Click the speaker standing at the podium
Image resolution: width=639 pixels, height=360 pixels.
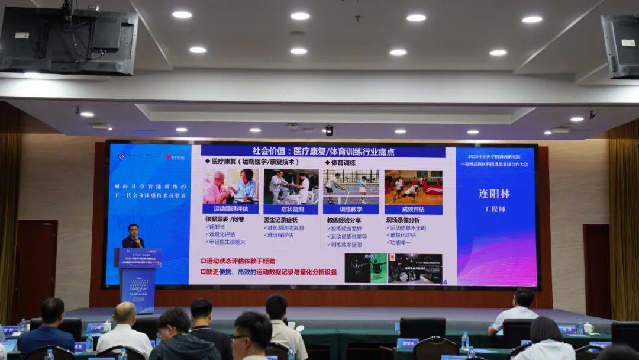[x=133, y=236]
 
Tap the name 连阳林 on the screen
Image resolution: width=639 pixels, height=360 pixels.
[x=493, y=194]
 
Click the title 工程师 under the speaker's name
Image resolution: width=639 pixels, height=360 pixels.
[x=493, y=209]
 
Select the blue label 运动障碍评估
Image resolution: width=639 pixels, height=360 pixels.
[x=230, y=209]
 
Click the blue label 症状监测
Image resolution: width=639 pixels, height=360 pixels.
[x=291, y=209]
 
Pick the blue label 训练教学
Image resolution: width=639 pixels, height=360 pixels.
[x=351, y=209]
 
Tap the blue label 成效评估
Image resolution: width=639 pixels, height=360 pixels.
[x=413, y=209]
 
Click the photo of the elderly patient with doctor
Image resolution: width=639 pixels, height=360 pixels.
[x=230, y=187]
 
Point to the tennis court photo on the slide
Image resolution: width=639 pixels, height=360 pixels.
[x=351, y=187]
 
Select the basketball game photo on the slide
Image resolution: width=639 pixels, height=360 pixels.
[x=413, y=187]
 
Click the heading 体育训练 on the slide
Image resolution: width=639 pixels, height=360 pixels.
[x=343, y=162]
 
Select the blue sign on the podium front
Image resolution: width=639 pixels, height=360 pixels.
[x=137, y=287]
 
